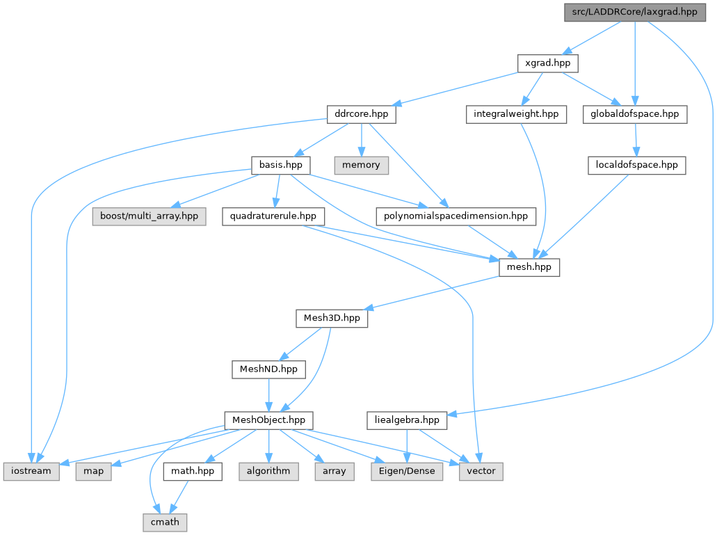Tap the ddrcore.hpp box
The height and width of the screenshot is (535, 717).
pos(361,114)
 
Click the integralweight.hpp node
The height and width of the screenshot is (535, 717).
pos(516,114)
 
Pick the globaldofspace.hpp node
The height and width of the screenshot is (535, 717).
pos(635,114)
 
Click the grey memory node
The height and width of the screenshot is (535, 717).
pos(361,165)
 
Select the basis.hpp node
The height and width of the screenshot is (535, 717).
pos(280,165)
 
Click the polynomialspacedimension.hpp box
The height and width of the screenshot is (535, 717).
pos(456,216)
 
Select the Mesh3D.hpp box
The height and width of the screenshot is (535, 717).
pos(332,318)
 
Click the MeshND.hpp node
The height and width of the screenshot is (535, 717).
pos(268,369)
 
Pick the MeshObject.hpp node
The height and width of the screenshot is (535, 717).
pos(268,420)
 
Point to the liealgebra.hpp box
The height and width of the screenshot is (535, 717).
pos(406,420)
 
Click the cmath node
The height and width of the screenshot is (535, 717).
pos(165,522)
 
